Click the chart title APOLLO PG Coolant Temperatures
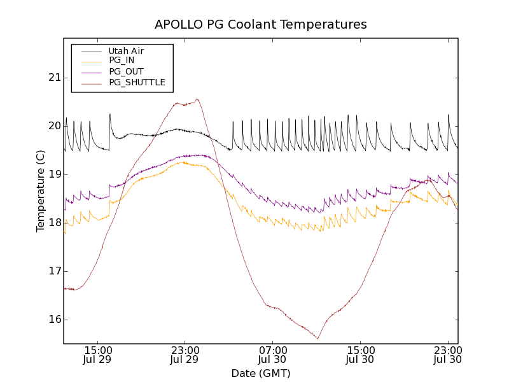(261, 25)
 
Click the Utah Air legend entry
(126, 51)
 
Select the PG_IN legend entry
(122, 60)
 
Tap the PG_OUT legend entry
(126, 72)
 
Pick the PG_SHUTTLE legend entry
(137, 83)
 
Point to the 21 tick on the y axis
(53, 78)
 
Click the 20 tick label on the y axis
(53, 126)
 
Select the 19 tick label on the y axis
(53, 174)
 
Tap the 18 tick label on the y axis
(53, 223)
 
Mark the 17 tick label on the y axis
(53, 271)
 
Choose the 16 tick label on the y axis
(53, 320)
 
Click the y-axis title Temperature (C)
(41, 191)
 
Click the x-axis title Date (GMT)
(261, 373)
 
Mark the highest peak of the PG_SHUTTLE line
(197, 99)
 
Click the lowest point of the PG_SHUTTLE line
(317, 339)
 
